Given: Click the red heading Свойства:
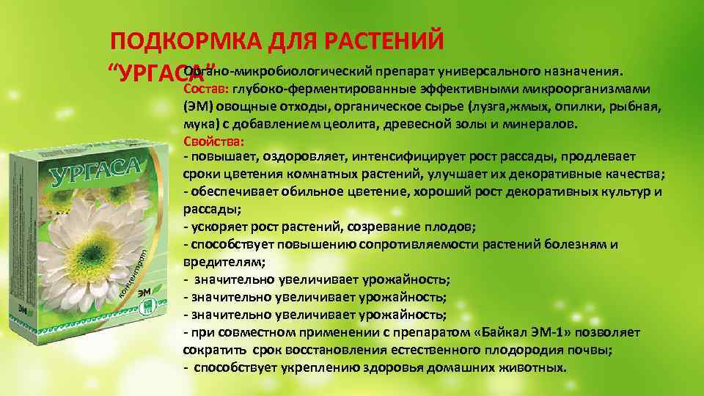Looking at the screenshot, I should click(x=213, y=140).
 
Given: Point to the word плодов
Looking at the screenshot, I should click(x=455, y=227).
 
